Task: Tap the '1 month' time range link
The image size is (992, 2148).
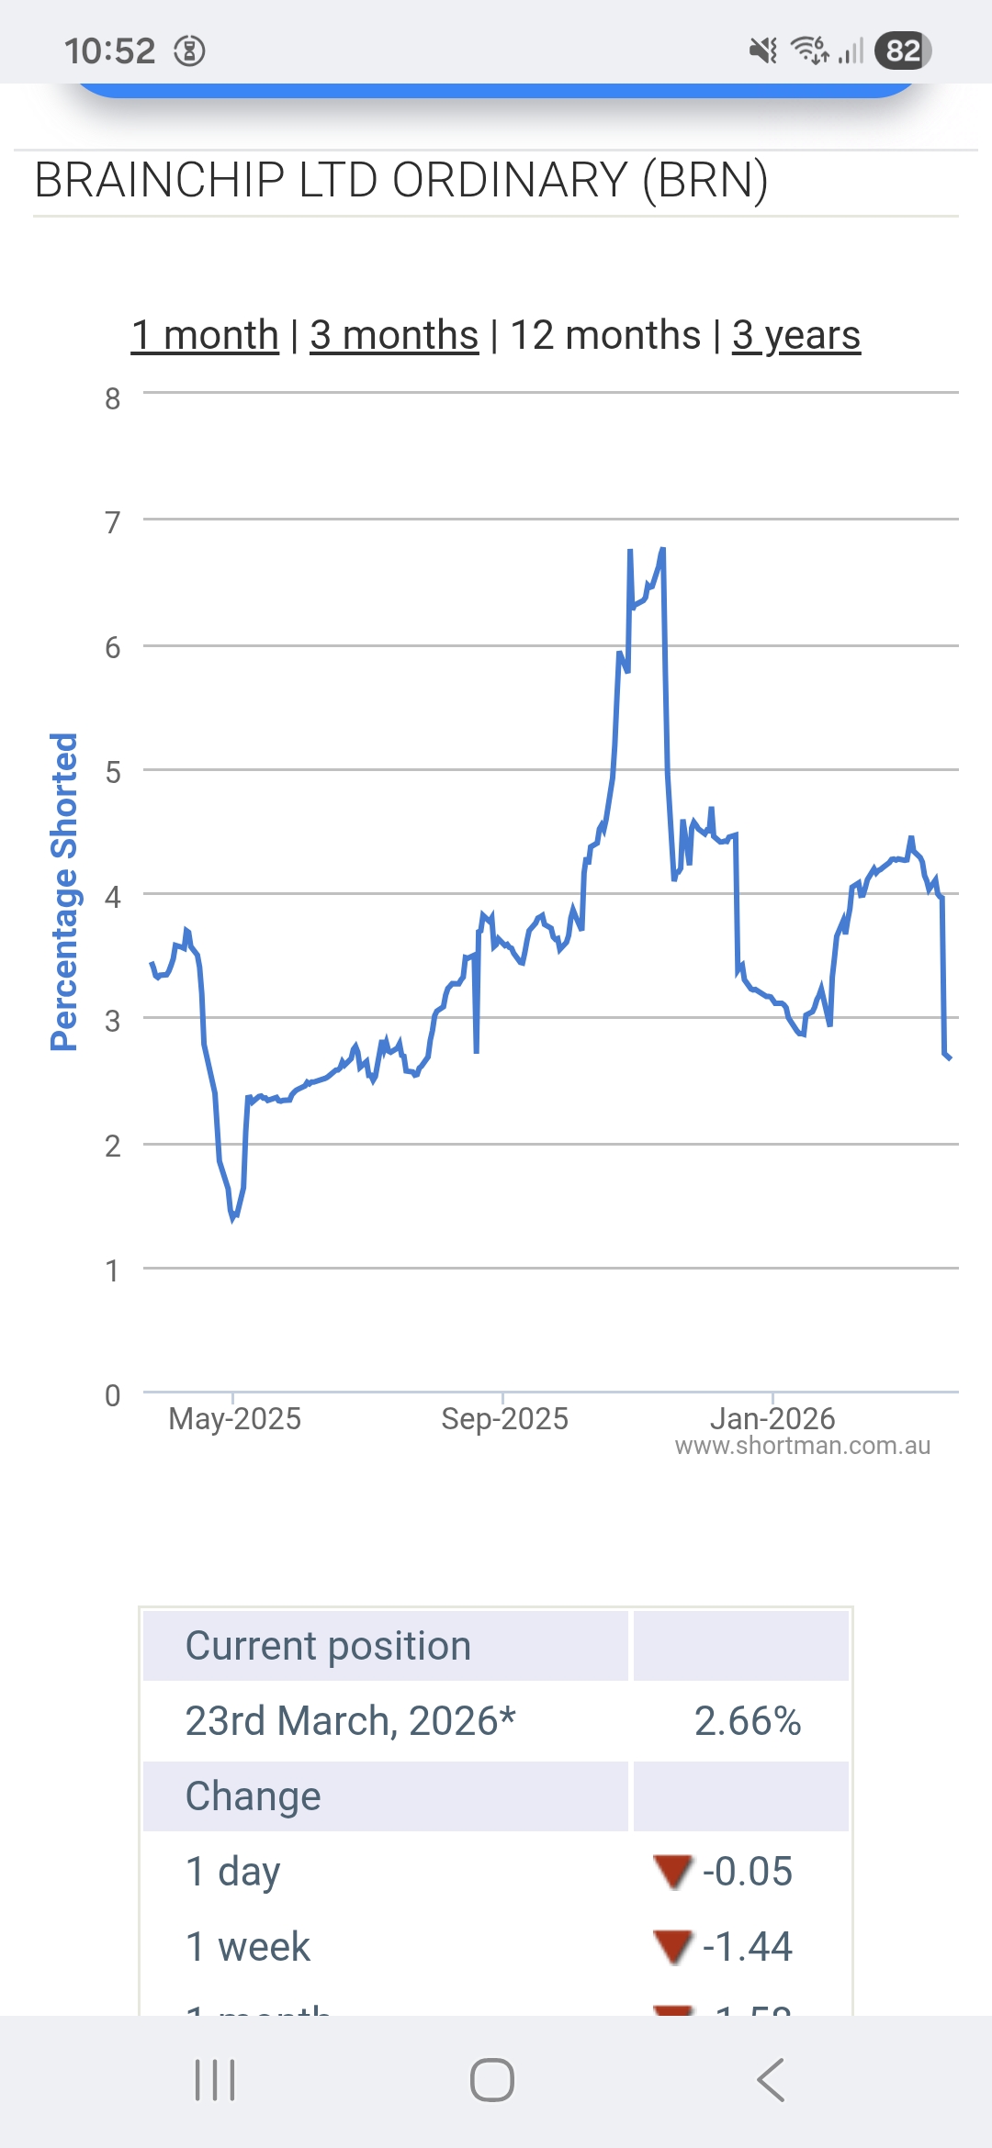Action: (x=205, y=335)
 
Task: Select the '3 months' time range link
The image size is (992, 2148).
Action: (x=394, y=335)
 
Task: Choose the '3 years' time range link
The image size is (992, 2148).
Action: (x=796, y=335)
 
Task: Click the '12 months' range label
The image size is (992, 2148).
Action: (x=605, y=335)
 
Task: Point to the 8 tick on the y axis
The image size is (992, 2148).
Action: (x=112, y=398)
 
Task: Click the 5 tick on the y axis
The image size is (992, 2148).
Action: (x=112, y=772)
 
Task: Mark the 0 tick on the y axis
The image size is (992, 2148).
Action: (x=112, y=1395)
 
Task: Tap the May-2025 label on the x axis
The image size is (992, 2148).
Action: (x=234, y=1419)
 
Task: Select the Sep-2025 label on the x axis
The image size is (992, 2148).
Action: (x=504, y=1419)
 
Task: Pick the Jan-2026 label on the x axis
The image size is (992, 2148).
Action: (x=772, y=1419)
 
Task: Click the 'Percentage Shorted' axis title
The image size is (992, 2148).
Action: (x=63, y=891)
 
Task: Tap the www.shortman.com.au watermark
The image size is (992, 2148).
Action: (x=802, y=1446)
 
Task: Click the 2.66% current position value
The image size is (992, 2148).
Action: (x=748, y=1721)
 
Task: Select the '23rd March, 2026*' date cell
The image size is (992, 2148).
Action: (x=350, y=1721)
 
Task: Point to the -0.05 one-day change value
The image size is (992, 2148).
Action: (x=747, y=1872)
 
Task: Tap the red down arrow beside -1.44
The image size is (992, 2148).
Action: (x=672, y=1946)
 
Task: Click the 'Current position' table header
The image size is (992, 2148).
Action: (x=328, y=1646)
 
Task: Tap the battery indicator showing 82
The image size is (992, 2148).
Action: (x=903, y=50)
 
